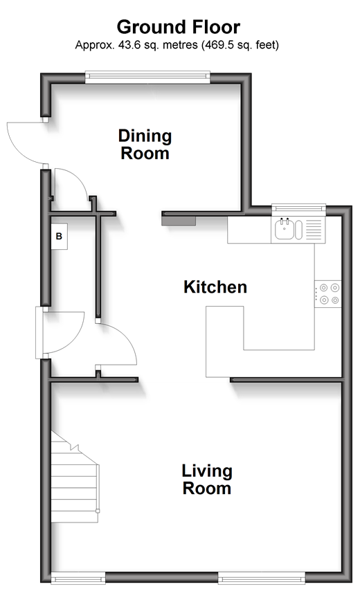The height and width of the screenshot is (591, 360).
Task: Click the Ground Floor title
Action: coord(179,27)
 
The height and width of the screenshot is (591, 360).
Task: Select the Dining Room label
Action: coord(145,145)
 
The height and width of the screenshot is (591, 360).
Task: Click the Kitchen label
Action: coord(215,287)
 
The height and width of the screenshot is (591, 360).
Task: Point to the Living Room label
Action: coord(207,480)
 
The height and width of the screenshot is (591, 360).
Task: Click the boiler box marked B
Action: coord(59,236)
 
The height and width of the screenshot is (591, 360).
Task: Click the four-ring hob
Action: coord(328,294)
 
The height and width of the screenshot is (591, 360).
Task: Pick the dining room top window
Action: coord(147,77)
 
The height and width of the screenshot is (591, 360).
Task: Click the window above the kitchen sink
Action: coord(298,208)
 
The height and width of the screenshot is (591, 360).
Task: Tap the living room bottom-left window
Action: coord(78,577)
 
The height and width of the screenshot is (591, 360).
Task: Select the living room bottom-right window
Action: coord(262,577)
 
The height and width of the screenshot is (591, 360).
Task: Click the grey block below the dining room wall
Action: coord(179,221)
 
